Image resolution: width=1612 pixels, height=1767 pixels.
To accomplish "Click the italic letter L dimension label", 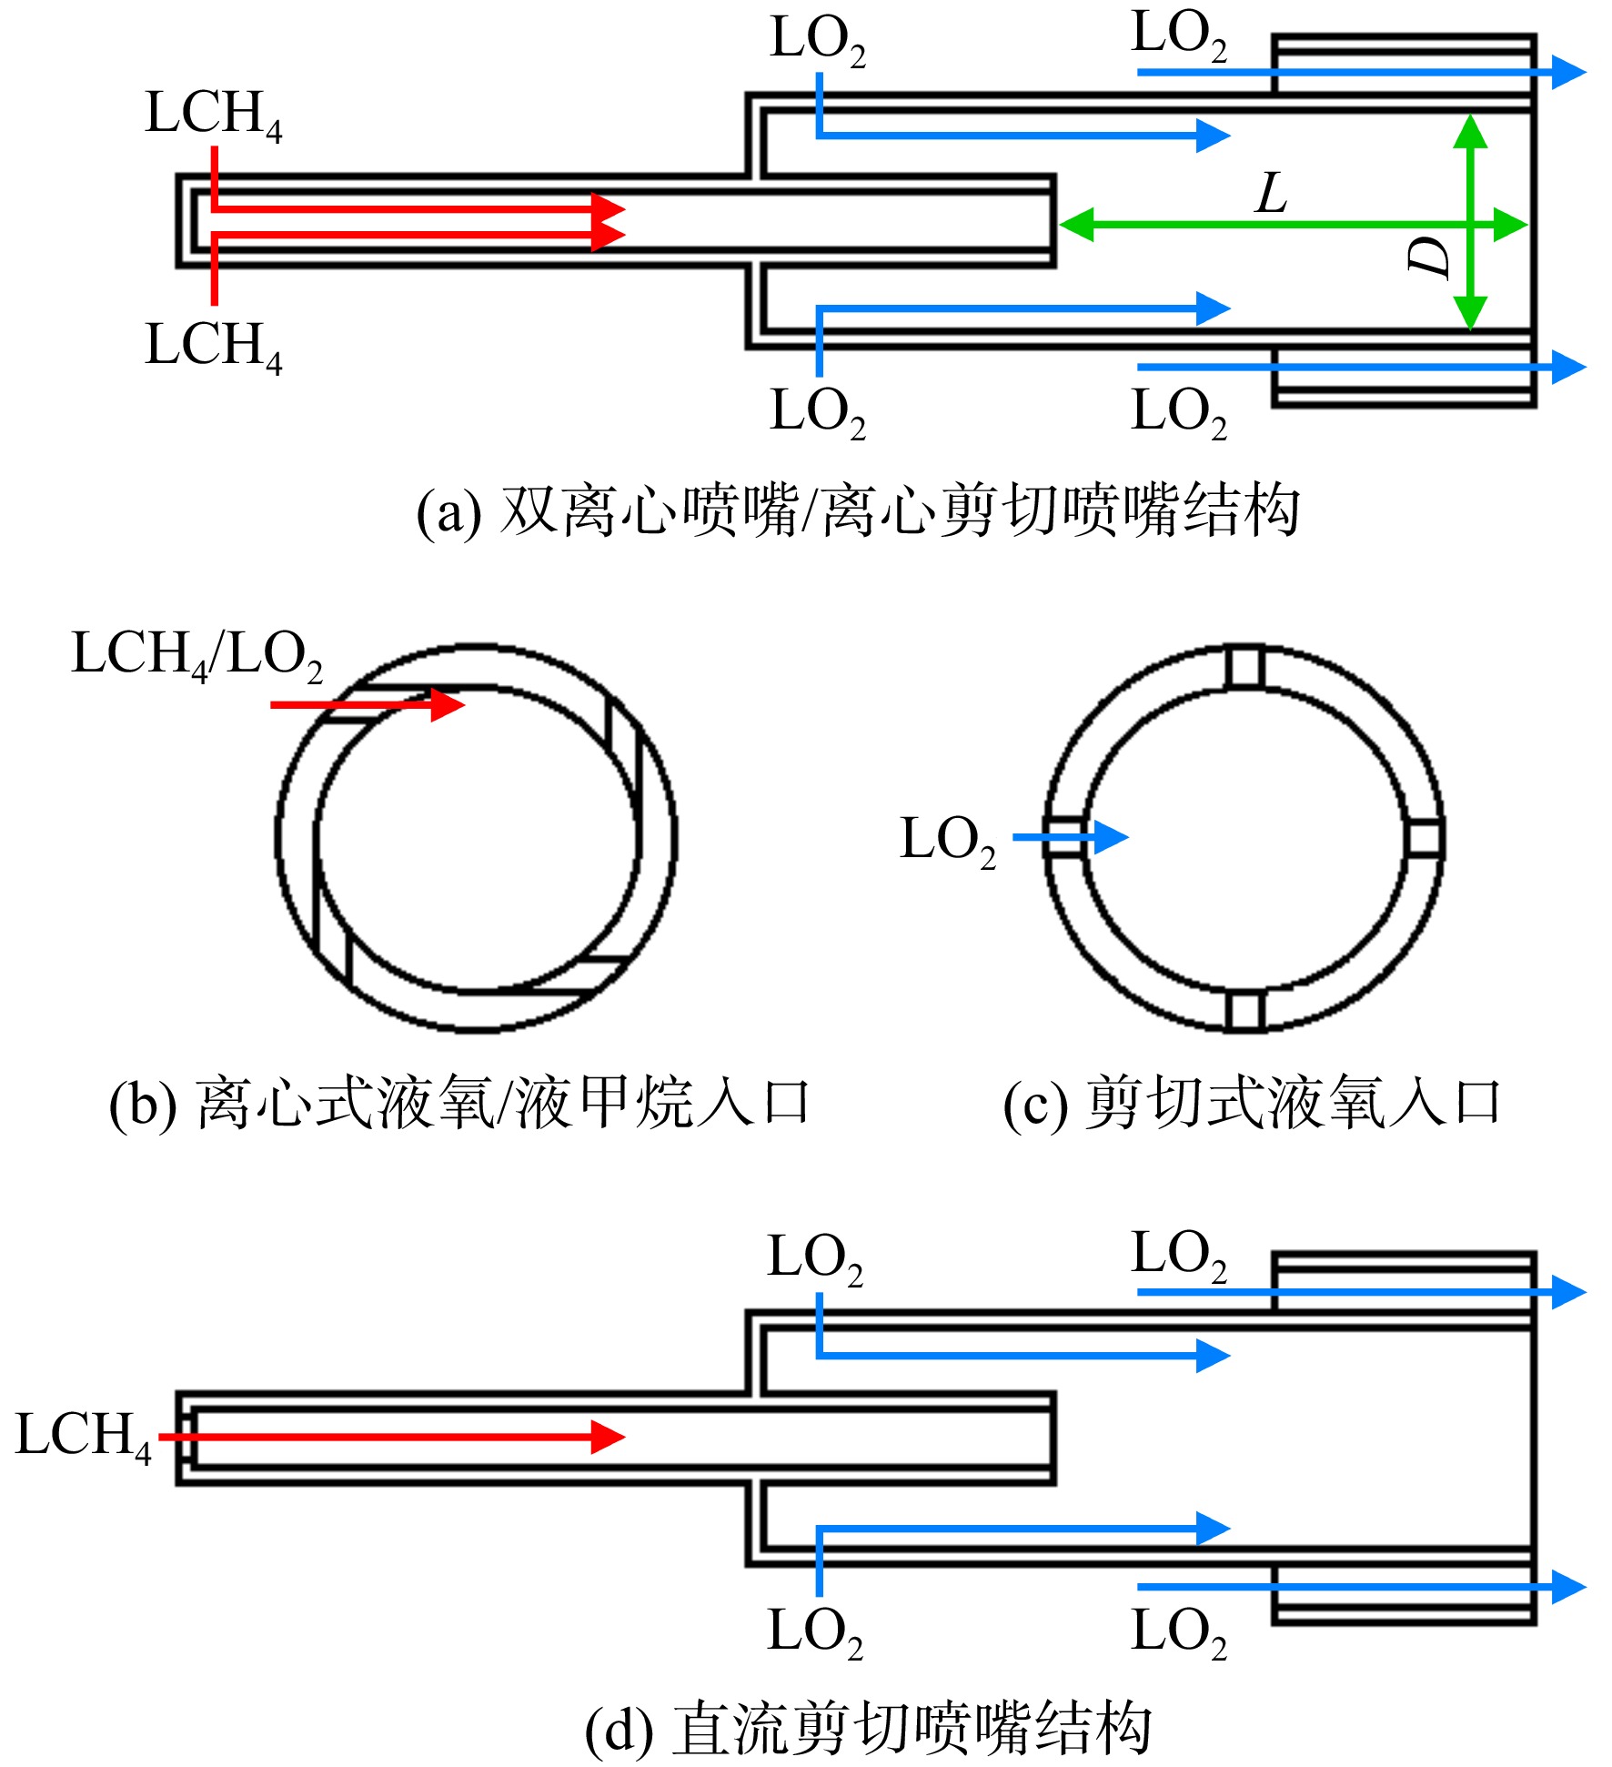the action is pyautogui.click(x=1272, y=193).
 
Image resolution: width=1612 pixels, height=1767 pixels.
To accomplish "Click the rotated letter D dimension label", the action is pyautogui.click(x=1428, y=257).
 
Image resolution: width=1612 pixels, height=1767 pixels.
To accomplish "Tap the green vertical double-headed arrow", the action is pyautogui.click(x=1470, y=222).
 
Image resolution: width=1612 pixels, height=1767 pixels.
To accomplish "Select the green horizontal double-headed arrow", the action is pyautogui.click(x=1293, y=224).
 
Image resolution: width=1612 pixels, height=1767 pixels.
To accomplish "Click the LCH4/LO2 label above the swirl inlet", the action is pyautogui.click(x=197, y=654).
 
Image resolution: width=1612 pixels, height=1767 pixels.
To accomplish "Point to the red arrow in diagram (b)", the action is pyautogui.click(x=368, y=704).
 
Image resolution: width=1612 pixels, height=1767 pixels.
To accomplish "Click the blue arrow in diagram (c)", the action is pyautogui.click(x=1071, y=837).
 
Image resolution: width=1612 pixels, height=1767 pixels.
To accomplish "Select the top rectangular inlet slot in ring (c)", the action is pyautogui.click(x=1244, y=668).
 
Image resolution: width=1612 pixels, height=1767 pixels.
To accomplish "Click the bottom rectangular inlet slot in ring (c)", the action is pyautogui.click(x=1244, y=1011).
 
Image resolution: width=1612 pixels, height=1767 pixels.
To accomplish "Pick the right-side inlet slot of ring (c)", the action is pyautogui.click(x=1424, y=838).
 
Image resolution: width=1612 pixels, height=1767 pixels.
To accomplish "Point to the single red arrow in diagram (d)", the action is pyautogui.click(x=392, y=1437).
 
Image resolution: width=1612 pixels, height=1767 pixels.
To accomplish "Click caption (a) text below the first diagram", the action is pyautogui.click(x=858, y=511).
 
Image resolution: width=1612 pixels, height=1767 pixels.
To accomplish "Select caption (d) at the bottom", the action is pyautogui.click(x=868, y=1728).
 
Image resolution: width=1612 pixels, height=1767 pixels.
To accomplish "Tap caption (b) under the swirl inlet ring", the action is pyautogui.click(x=458, y=1104).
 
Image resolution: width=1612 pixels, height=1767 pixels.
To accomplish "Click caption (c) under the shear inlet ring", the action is pyautogui.click(x=1252, y=1104).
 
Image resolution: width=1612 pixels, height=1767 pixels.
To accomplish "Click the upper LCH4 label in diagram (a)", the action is pyautogui.click(x=214, y=115).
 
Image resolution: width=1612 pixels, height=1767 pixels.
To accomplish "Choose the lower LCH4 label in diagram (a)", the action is pyautogui.click(x=214, y=346).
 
